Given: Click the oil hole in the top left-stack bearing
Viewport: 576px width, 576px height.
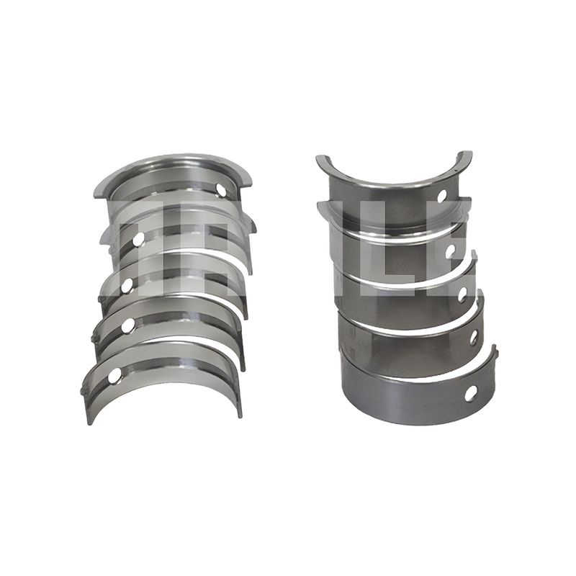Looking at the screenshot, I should click(220, 190).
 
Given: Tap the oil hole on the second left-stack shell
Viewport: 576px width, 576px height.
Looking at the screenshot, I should click(138, 238).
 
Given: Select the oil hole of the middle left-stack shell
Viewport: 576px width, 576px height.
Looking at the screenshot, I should click(127, 285).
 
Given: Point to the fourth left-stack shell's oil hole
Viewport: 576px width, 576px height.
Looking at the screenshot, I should click(127, 325).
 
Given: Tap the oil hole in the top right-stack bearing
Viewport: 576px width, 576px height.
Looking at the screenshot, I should click(442, 196).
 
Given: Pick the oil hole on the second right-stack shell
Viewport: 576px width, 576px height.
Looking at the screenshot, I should click(451, 251).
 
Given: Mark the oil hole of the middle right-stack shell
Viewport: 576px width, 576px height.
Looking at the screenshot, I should click(462, 294).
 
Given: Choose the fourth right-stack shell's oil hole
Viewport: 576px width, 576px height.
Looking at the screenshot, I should click(474, 336).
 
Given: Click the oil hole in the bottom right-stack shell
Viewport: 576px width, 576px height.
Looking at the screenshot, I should click(470, 393).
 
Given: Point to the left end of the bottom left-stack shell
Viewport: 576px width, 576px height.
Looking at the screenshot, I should click(86, 403).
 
